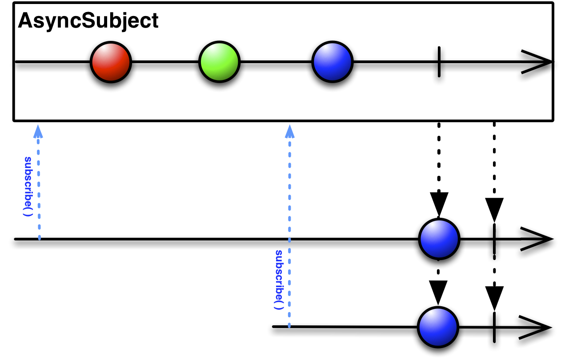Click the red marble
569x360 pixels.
coord(111,62)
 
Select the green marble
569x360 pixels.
coord(219,62)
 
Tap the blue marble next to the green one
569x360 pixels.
coord(333,62)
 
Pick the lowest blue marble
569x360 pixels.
coord(438,327)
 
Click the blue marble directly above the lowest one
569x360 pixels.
coord(439,239)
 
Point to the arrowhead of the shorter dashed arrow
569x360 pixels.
coord(38,132)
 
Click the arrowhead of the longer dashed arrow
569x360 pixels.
coord(290,132)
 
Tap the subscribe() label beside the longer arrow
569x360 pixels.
coord(279,280)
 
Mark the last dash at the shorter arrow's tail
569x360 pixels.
coord(40,237)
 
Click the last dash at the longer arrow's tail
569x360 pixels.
coord(289,325)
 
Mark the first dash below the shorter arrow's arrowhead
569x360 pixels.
coord(38,141)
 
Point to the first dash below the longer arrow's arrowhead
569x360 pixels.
coord(290,144)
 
